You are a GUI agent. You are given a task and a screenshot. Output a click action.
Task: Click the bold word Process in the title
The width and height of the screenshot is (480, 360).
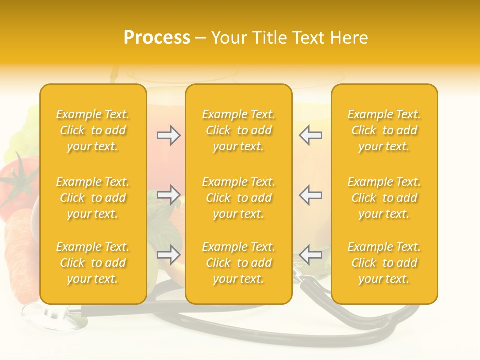pyautogui.click(x=157, y=38)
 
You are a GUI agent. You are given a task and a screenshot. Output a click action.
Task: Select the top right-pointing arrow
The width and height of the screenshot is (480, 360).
pyautogui.click(x=168, y=135)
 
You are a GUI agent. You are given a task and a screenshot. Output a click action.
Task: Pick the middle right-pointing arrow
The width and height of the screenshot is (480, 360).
pyautogui.click(x=168, y=195)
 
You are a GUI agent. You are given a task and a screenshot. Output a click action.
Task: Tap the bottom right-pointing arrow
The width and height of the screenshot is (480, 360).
pyautogui.click(x=168, y=255)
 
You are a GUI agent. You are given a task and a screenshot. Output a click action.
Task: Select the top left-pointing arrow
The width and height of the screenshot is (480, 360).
pyautogui.click(x=311, y=135)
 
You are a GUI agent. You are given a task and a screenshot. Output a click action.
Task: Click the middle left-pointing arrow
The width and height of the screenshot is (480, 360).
pyautogui.click(x=311, y=195)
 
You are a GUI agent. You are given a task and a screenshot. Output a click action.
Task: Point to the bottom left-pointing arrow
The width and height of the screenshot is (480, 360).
pyautogui.click(x=311, y=255)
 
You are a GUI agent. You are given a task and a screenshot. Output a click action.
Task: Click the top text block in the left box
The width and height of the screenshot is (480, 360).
pyautogui.click(x=93, y=130)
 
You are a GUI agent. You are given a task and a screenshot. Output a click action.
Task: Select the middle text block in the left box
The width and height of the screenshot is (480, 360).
pyautogui.click(x=93, y=198)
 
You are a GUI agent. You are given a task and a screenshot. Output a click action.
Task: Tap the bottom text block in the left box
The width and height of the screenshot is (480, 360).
pyautogui.click(x=93, y=263)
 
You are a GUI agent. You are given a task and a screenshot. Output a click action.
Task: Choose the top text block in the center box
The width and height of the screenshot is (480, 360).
pyautogui.click(x=238, y=130)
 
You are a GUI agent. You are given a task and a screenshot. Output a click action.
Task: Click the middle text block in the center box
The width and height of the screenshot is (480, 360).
pyautogui.click(x=238, y=198)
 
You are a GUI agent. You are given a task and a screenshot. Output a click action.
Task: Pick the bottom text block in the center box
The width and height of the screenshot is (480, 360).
pyautogui.click(x=238, y=263)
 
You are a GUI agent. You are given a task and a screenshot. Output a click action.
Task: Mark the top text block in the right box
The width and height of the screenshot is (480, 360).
pyautogui.click(x=384, y=130)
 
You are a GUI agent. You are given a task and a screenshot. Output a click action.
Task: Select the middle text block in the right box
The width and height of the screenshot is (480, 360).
pyautogui.click(x=384, y=198)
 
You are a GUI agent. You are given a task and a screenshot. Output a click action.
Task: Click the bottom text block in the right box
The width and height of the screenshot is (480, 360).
pyautogui.click(x=384, y=263)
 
